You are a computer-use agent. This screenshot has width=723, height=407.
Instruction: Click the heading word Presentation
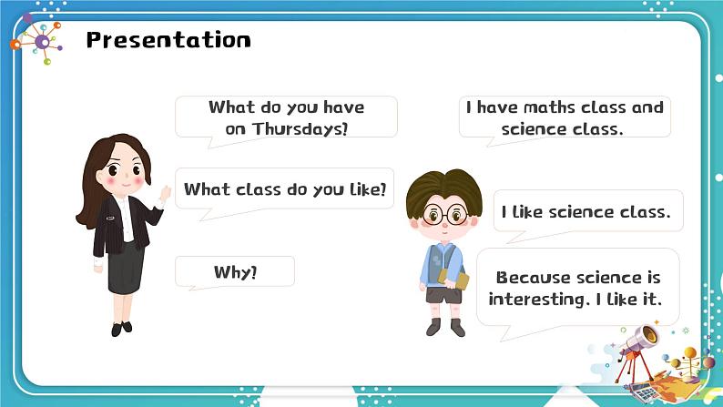(168, 40)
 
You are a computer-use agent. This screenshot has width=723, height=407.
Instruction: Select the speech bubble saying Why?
(235, 272)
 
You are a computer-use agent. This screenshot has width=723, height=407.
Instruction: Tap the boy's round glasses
(445, 217)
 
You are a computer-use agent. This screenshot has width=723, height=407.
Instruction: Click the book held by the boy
(461, 281)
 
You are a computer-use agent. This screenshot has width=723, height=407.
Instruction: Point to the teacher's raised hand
(166, 193)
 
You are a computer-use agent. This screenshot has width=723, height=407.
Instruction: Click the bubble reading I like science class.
(586, 212)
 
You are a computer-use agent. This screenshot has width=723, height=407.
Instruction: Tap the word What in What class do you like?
(204, 189)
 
